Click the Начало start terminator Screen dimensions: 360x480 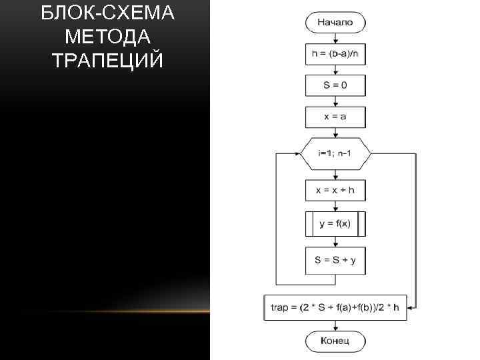click(x=335, y=22)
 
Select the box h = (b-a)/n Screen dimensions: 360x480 click(x=335, y=54)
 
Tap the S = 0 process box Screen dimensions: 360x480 click(x=335, y=85)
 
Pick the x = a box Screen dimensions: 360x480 click(x=335, y=117)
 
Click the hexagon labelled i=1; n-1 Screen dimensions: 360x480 click(x=335, y=153)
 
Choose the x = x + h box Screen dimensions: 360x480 click(x=335, y=191)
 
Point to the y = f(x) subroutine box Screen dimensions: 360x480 click(x=335, y=224)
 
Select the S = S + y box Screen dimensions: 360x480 click(x=335, y=260)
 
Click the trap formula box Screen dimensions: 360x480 click(x=335, y=307)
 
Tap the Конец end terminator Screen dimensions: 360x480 click(x=335, y=342)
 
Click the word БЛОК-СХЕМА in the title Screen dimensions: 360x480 click(x=107, y=13)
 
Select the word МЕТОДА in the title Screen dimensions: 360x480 click(x=107, y=36)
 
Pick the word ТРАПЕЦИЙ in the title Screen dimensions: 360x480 click(x=107, y=60)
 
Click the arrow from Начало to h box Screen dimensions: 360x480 click(x=335, y=37)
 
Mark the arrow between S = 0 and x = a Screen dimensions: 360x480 click(x=335, y=101)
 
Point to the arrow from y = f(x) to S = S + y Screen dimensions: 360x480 click(x=335, y=241)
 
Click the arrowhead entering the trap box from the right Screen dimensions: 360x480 click(x=411, y=307)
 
